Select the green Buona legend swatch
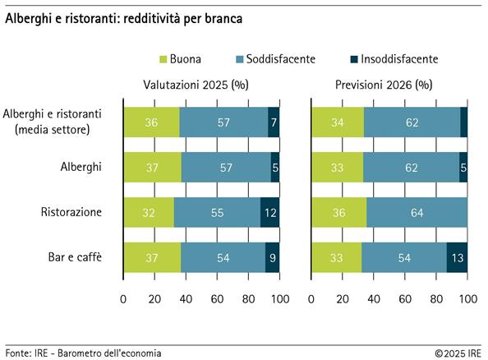pyautogui.click(x=162, y=59)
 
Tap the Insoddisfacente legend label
pyautogui.click(x=400, y=59)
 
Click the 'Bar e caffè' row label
pyautogui.click(x=76, y=257)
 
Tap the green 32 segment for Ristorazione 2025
pyautogui.click(x=149, y=212)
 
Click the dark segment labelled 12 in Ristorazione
pyautogui.click(x=270, y=212)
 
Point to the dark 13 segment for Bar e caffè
pyautogui.click(x=457, y=257)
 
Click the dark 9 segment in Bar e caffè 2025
pyautogui.click(x=272, y=257)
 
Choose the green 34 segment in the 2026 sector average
pyautogui.click(x=338, y=122)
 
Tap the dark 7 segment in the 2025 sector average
pyautogui.click(x=274, y=122)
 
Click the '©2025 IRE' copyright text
pyautogui.click(x=458, y=352)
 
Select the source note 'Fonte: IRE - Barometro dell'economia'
pyautogui.click(x=83, y=352)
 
